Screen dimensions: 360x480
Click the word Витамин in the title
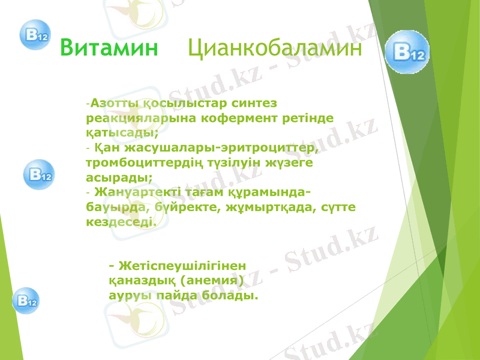(x=109, y=47)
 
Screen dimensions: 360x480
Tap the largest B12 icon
(x=407, y=53)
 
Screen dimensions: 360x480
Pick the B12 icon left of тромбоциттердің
(x=38, y=175)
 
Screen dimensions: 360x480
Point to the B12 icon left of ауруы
(x=26, y=299)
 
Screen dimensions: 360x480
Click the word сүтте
(x=340, y=207)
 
